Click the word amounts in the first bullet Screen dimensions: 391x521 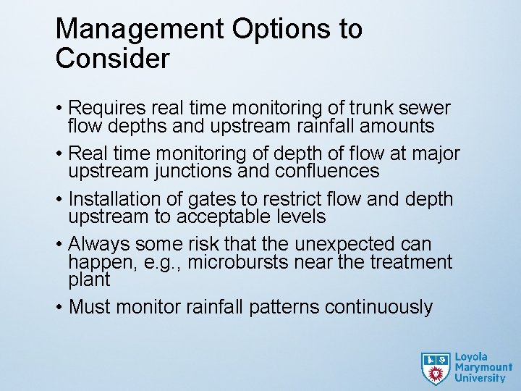[x=399, y=127]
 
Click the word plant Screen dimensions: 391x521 [x=89, y=280]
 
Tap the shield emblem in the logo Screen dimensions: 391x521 [x=435, y=368]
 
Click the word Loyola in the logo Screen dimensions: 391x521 [x=471, y=357]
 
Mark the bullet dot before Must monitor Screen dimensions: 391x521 [x=59, y=307]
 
